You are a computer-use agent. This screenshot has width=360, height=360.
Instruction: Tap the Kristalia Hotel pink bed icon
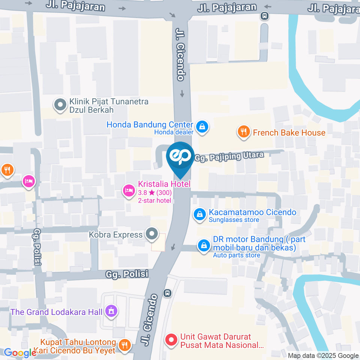pos(129,190)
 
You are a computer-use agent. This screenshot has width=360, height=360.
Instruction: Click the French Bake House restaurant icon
pos(244,132)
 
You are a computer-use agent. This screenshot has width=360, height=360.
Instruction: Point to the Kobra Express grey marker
pos(152,234)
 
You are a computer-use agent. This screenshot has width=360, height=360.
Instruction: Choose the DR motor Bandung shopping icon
pos(204,246)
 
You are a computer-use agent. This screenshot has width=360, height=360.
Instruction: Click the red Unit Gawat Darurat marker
pos(171,340)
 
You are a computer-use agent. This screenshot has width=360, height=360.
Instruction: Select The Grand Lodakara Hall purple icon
pos(111,310)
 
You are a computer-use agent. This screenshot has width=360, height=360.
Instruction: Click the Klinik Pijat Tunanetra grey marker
pos(60,105)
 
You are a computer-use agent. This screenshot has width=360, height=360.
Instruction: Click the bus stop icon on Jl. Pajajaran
pos(265,16)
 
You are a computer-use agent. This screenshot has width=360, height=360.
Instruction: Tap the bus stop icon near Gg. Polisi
pos(168,292)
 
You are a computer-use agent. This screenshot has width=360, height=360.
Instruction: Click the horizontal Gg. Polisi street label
pos(126,274)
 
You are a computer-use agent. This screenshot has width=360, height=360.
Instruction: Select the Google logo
pos(18,353)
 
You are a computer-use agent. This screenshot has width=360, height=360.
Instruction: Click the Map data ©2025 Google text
pos(323,355)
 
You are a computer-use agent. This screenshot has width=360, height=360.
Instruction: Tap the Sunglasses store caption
pos(234,220)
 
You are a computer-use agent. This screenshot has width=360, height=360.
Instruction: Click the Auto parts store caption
pos(236,255)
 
